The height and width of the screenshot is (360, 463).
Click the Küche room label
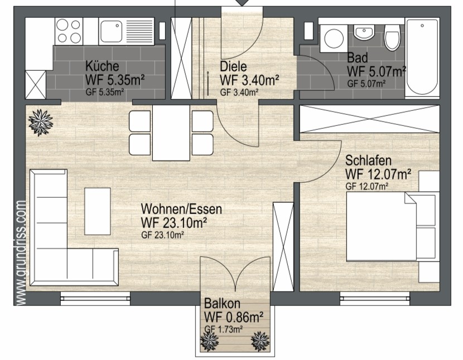coord(102,66)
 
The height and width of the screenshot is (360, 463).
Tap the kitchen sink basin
coord(112,31)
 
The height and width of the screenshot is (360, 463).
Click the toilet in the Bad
coord(392,37)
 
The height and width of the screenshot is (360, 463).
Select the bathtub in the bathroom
coord(422,57)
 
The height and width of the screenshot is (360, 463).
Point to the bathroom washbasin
coord(364,32)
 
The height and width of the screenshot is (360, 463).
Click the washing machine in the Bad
coord(334,38)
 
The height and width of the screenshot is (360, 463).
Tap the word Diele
coord(233,66)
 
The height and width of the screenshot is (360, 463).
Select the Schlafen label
coord(369,160)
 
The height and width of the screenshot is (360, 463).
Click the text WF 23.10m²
coord(173,223)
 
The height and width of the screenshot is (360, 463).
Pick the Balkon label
coord(222,303)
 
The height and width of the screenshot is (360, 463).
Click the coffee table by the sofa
coord(98,211)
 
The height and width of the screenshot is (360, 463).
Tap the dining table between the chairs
coord(171,133)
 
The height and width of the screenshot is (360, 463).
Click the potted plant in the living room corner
coord(41,122)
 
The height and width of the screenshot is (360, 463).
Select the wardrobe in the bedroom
coord(370,119)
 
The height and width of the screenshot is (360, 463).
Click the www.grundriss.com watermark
coord(21,253)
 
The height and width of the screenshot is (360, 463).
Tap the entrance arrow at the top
coord(242,3)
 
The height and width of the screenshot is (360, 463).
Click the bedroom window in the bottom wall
coord(375,298)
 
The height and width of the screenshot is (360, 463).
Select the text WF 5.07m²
coord(377,71)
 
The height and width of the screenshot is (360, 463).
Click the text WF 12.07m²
coord(378,174)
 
